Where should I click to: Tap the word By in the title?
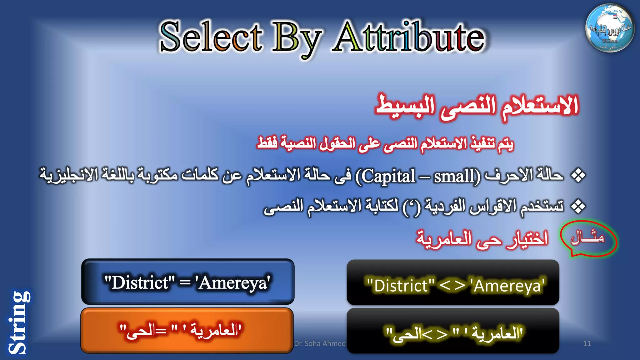tap(296, 39)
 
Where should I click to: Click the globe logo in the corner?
tap(610, 28)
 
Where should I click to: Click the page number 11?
tap(587, 343)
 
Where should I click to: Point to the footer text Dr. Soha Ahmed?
tap(320, 343)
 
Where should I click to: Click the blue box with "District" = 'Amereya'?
tap(187, 282)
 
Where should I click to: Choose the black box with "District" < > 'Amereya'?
tap(453, 282)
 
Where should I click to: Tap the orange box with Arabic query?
tap(187, 331)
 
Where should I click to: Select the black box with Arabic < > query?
tap(453, 331)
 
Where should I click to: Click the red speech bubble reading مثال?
tap(588, 238)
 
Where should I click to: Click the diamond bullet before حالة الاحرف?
tap(578, 176)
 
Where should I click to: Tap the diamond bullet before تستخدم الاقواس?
tap(578, 207)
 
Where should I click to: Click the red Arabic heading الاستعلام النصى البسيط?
tap(477, 106)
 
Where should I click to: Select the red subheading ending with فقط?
tap(385, 143)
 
